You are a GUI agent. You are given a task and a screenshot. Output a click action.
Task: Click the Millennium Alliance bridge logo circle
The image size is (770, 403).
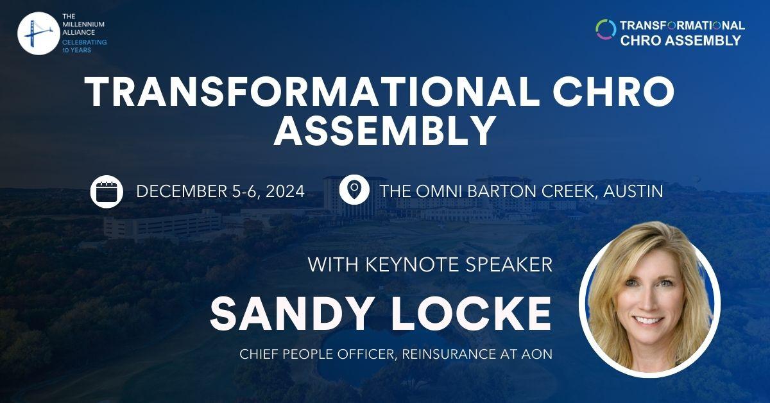38,33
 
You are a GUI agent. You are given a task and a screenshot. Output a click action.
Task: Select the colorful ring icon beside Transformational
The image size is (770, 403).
606,30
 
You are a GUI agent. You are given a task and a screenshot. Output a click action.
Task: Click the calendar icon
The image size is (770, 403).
107,191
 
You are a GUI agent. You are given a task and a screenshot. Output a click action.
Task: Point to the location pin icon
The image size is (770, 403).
354,191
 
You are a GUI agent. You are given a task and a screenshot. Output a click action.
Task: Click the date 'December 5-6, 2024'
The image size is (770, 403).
220,191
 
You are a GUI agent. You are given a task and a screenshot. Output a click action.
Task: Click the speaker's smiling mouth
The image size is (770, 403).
650,319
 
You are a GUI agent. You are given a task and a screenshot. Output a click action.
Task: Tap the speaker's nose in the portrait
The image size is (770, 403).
651,300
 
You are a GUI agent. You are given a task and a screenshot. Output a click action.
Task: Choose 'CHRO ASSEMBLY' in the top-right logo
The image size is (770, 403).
680,40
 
